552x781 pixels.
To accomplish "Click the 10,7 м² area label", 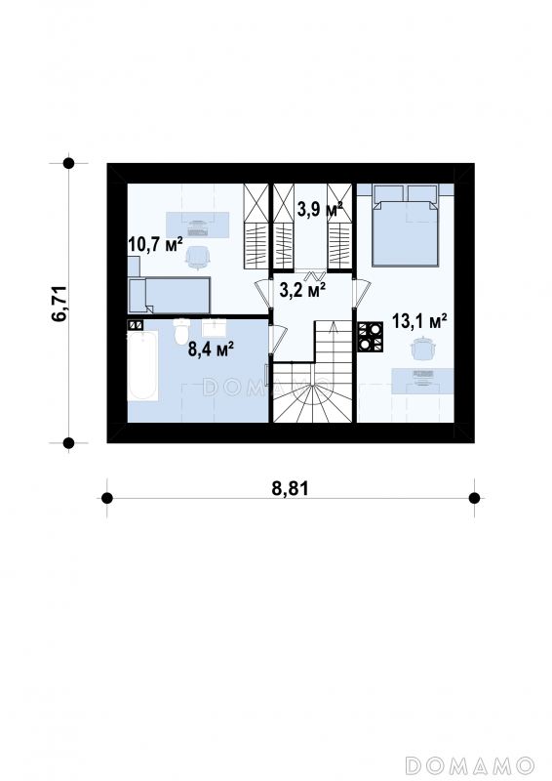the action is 155,244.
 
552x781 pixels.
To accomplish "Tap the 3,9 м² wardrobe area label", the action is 320,209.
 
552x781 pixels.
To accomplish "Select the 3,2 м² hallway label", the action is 302,290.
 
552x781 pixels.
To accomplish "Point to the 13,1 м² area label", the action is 419,321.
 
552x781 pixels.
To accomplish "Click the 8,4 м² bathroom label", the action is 211,349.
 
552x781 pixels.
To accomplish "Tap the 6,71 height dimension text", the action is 59,304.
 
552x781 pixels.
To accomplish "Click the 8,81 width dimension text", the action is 291,488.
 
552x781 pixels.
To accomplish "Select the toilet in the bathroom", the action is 182,331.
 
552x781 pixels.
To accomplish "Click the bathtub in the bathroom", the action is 142,365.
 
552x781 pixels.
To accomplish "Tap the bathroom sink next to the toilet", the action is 214,327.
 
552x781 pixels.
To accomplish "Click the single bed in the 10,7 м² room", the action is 170,296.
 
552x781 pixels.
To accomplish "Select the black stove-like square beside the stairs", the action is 371,337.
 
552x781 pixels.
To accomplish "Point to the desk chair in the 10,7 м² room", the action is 198,258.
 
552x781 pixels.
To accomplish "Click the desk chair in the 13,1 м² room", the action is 423,349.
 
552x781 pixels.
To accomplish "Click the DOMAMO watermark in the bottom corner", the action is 470,764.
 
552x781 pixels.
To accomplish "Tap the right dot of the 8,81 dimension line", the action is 474,498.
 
